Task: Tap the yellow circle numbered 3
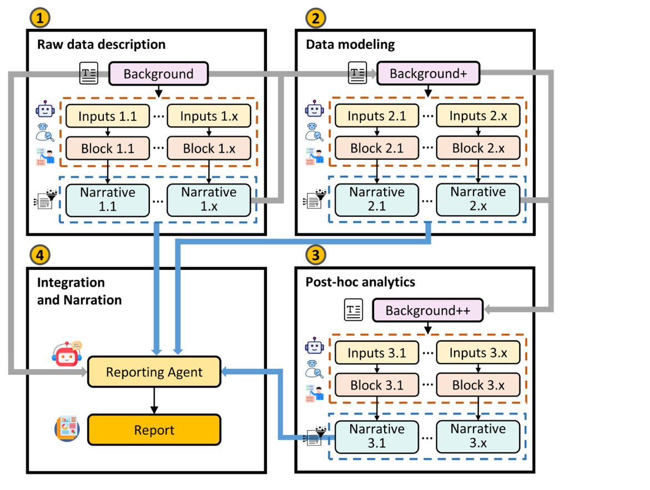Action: click(316, 254)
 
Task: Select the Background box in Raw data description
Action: click(158, 74)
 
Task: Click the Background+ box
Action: click(427, 74)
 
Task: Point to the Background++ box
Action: click(427, 310)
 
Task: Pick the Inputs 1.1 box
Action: click(108, 116)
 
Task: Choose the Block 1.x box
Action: click(209, 149)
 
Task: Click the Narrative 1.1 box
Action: click(108, 200)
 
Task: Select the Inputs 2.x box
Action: click(478, 116)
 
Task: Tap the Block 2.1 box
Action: click(377, 149)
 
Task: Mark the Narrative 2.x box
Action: click(478, 200)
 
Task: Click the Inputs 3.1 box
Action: click(377, 353)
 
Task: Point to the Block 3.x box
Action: click(478, 385)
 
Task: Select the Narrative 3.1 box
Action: click(377, 436)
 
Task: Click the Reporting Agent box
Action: click(154, 372)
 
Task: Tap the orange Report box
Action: click(154, 430)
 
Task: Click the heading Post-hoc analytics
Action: click(360, 282)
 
